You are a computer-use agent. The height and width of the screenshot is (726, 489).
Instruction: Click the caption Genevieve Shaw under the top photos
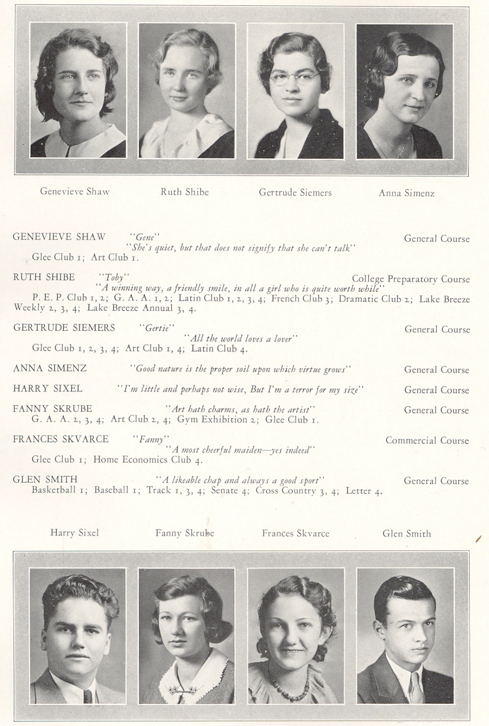tap(75, 191)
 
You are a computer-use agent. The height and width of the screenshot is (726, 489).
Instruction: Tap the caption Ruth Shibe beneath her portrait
tap(184, 192)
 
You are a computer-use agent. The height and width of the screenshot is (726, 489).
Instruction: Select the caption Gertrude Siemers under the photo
tap(295, 192)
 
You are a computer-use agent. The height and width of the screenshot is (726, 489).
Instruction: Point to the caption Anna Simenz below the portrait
tap(406, 193)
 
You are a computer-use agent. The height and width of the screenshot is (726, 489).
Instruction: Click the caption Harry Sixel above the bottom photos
tap(74, 532)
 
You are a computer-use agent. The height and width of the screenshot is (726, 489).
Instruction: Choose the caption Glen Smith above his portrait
tap(406, 533)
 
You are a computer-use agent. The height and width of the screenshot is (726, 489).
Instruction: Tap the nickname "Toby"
tap(114, 277)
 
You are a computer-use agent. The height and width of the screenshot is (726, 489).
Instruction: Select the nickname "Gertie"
tap(156, 328)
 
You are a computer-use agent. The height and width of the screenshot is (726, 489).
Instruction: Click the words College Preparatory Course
tap(410, 279)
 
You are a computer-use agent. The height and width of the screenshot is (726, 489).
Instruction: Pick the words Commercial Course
tap(427, 440)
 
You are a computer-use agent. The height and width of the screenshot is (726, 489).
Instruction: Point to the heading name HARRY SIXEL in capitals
tap(47, 388)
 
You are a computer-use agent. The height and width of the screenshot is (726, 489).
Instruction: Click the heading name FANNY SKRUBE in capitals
tap(52, 408)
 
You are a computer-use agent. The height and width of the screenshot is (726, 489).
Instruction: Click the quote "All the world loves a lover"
tap(241, 339)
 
